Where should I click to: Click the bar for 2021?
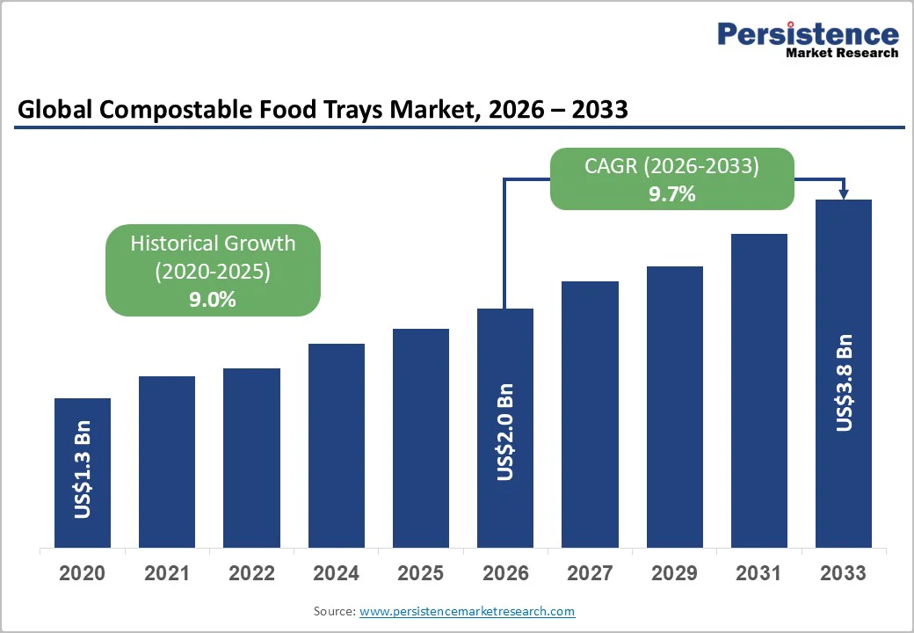[x=167, y=462]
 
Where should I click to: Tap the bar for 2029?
[x=675, y=406]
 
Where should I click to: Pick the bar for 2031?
[x=759, y=390]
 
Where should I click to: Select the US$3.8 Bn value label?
[x=844, y=382]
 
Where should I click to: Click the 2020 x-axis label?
[x=83, y=573]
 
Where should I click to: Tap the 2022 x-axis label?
[x=251, y=573]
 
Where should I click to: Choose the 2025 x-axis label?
[x=420, y=573]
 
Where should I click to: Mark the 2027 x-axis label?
[x=590, y=573]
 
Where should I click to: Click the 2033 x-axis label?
[x=844, y=573]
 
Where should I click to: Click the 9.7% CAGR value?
[x=672, y=194]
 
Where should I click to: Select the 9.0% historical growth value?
[x=213, y=299]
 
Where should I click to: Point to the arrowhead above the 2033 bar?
[x=844, y=193]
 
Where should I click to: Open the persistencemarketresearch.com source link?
[x=467, y=611]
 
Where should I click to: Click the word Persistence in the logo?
[x=808, y=33]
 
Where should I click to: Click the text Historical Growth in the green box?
[x=213, y=244]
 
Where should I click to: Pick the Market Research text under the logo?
[x=842, y=53]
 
